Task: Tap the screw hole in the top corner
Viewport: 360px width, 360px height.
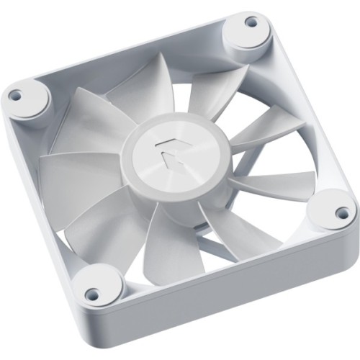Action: (251, 22)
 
